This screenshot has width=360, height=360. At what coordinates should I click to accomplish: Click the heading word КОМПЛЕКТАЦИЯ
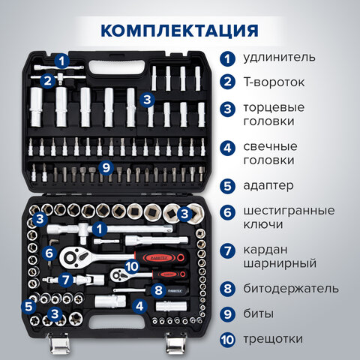click(x=179, y=31)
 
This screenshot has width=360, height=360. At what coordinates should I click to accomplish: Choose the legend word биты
click(x=259, y=313)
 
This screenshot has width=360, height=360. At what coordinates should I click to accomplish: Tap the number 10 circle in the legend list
click(x=226, y=340)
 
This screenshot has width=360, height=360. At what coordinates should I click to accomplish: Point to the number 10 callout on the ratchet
click(x=131, y=265)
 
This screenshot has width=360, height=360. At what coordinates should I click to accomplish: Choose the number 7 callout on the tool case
click(x=66, y=280)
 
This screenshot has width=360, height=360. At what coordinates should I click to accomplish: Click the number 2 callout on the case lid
click(x=47, y=80)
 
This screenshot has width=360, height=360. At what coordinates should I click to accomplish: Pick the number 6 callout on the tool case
click(x=49, y=253)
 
